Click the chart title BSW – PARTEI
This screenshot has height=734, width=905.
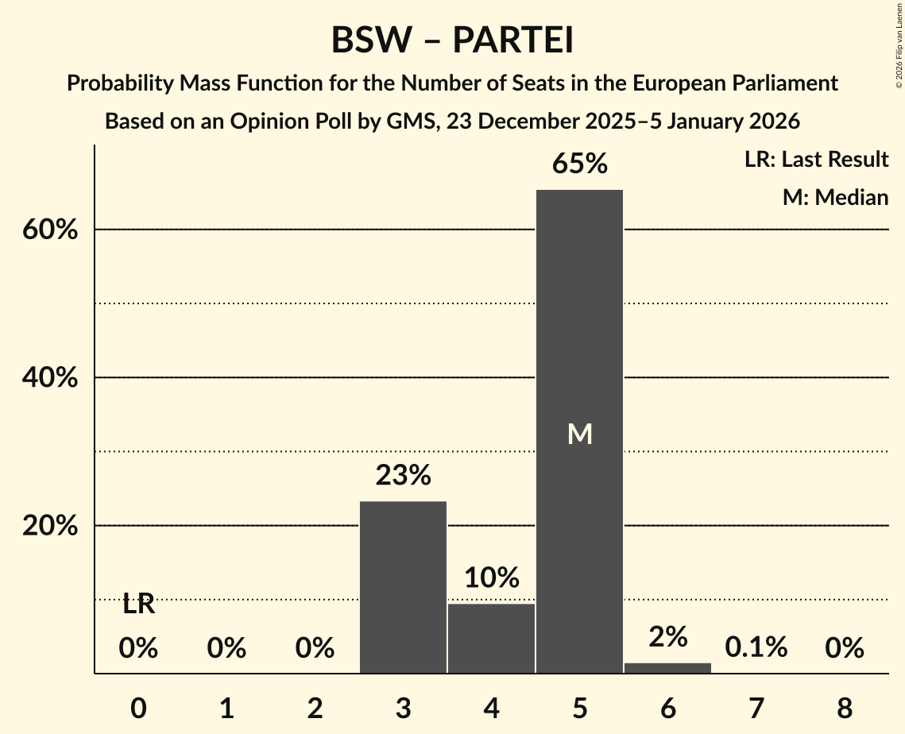(452, 41)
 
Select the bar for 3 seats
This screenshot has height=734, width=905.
(403, 587)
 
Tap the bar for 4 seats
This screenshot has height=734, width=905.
(491, 639)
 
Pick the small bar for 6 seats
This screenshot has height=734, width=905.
(667, 668)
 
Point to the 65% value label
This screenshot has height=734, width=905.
(579, 164)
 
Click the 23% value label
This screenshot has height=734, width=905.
(403, 476)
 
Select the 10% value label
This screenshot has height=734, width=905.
(491, 578)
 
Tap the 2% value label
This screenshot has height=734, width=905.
(667, 636)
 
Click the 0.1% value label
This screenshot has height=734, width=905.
(756, 648)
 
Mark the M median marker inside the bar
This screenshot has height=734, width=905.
(579, 434)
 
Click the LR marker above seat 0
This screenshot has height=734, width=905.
(138, 605)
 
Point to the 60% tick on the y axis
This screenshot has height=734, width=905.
(49, 230)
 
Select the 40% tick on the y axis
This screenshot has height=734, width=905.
(49, 378)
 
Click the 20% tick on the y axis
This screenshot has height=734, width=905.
(49, 526)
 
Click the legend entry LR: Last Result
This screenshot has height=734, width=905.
(816, 160)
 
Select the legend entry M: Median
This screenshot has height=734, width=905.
(835, 197)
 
